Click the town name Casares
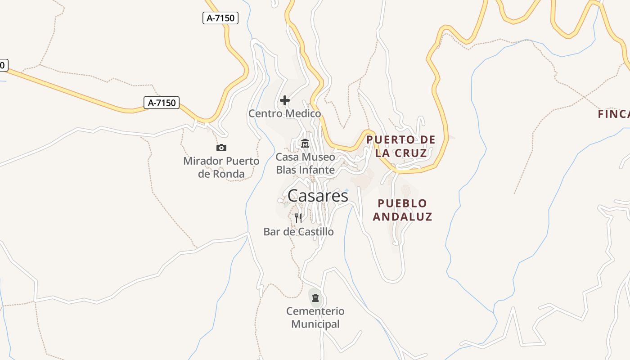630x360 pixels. (x=318, y=196)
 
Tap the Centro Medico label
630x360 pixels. (x=285, y=113)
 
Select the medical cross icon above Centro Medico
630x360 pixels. (x=285, y=100)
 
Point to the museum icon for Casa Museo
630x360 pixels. (x=305, y=144)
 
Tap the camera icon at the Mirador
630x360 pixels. (x=221, y=148)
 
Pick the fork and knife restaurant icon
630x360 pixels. (x=298, y=218)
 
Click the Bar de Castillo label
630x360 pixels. (x=298, y=232)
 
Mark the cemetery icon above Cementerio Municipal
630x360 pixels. (x=315, y=297)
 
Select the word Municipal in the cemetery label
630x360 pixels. (x=315, y=324)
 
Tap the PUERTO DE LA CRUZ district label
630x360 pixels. (x=401, y=146)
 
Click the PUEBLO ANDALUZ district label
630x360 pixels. (x=402, y=210)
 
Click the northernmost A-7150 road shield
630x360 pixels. (x=220, y=18)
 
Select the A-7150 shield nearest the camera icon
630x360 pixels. (x=162, y=103)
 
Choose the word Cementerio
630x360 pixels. (x=315, y=311)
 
